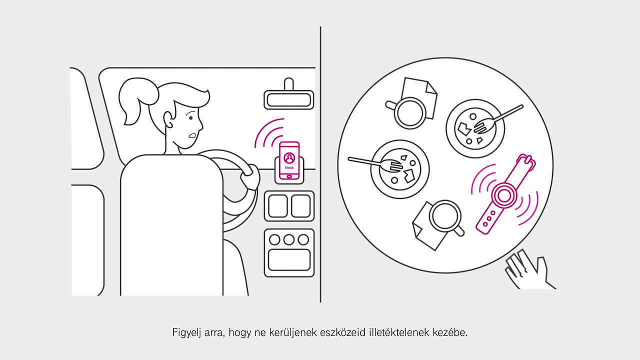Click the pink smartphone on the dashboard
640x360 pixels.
(289, 161)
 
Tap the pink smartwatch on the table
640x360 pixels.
(503, 194)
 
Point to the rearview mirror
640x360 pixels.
(288, 99)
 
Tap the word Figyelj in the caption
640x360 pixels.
(186, 332)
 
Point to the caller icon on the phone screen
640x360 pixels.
(289, 157)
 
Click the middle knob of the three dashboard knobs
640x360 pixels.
(289, 239)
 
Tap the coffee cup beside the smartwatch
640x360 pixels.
(444, 215)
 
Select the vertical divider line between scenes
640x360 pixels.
(320, 165)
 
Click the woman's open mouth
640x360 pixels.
(191, 136)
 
